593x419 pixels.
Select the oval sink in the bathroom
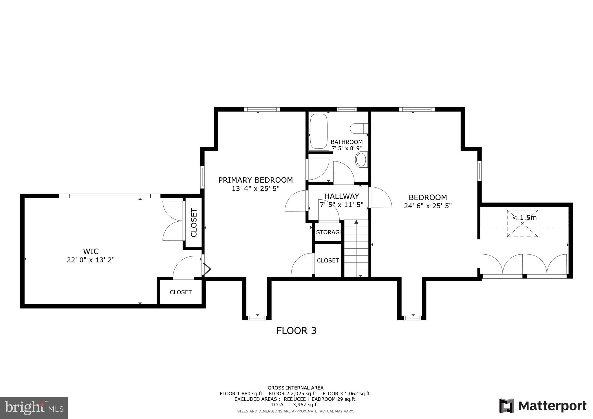click(x=361, y=159)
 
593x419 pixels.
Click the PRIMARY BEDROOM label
click(x=255, y=180)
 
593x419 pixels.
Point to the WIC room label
click(x=91, y=251)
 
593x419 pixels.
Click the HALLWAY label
click(x=342, y=196)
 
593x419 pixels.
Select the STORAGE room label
click(x=328, y=232)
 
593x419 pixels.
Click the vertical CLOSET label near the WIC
click(x=194, y=223)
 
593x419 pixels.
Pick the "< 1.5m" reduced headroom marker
click(x=525, y=218)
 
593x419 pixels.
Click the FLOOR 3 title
click(x=296, y=330)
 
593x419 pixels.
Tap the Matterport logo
click(x=543, y=406)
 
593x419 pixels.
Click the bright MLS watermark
click(x=34, y=407)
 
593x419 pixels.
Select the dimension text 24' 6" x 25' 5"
click(x=428, y=206)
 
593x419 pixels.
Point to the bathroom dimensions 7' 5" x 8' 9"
click(x=347, y=148)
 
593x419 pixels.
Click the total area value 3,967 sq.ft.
click(x=306, y=405)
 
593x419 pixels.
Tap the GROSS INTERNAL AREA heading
click(x=296, y=388)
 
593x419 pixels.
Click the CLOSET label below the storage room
click(x=328, y=260)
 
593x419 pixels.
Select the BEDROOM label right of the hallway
click(x=428, y=197)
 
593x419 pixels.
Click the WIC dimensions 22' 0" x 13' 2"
click(x=91, y=260)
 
